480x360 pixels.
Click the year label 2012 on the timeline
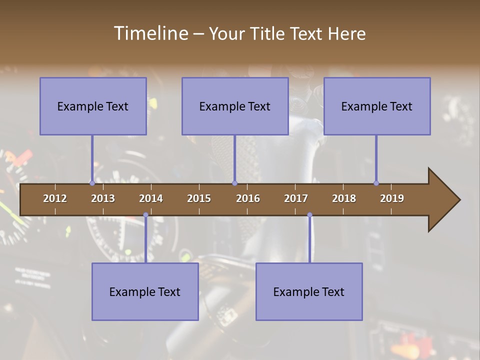pos(55,198)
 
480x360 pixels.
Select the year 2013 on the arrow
pos(103,198)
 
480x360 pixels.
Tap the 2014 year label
pos(151,198)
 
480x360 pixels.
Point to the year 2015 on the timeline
pos(199,198)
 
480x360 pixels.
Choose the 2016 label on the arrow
pos(248,198)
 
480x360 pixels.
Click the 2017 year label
pos(296,198)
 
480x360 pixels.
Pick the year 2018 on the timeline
pos(344,198)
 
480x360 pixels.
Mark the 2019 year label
pos(392,198)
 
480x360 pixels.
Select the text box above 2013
pos(93,106)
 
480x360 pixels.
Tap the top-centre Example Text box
pos(235,106)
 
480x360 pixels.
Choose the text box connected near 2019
pos(377,106)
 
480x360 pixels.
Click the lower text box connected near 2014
pos(145,291)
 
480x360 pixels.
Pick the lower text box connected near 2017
pos(309,291)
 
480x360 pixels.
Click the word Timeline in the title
pos(150,33)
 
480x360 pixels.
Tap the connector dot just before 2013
pos(92,183)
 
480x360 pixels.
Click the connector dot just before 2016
pos(234,183)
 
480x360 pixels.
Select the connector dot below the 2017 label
pos(309,215)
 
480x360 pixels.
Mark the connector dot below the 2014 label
pos(145,215)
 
